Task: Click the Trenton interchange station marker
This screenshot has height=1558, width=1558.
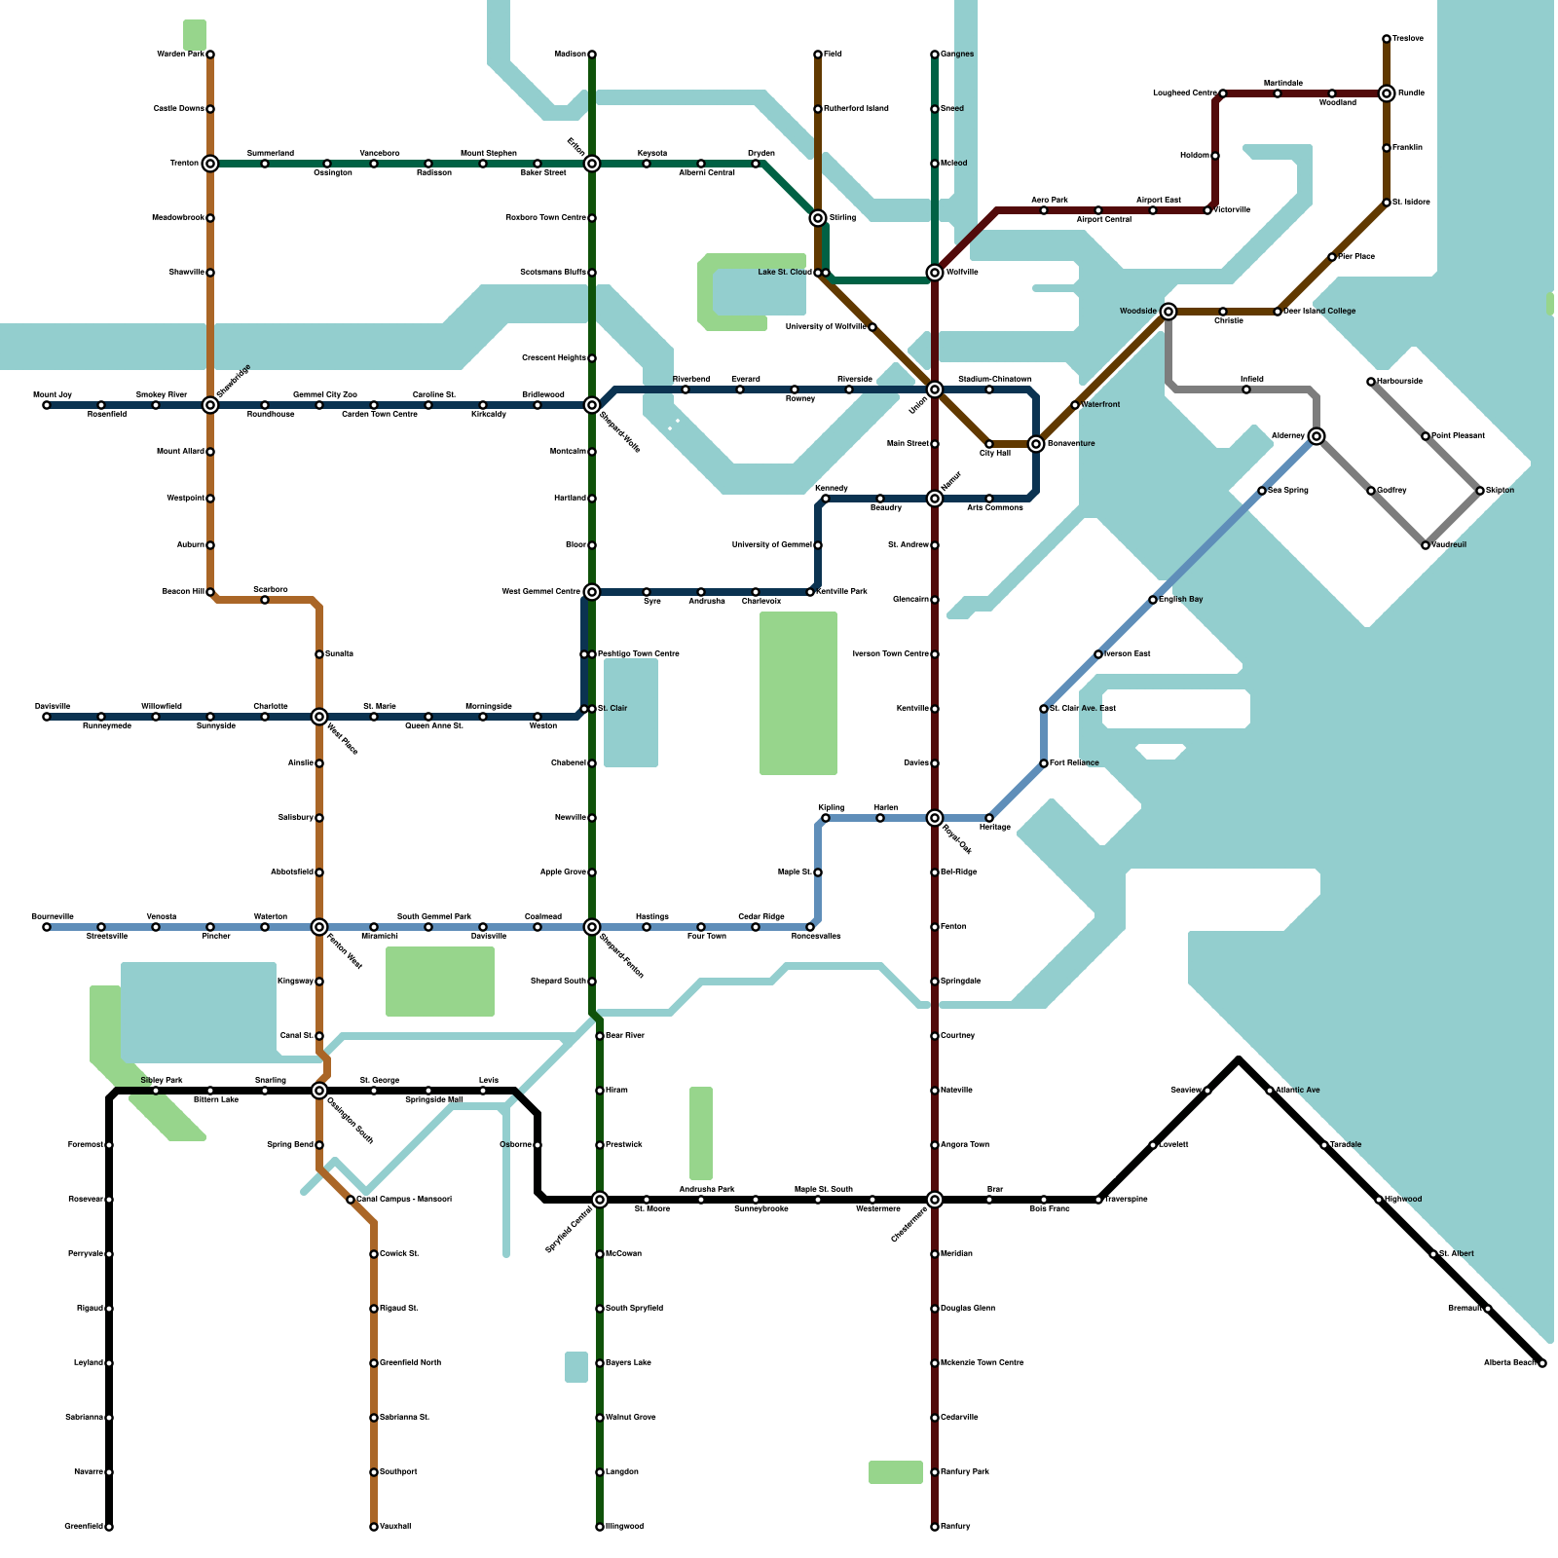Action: tap(210, 164)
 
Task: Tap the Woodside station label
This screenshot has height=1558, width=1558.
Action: tap(1137, 312)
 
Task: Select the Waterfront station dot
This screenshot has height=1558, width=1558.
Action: tap(1075, 405)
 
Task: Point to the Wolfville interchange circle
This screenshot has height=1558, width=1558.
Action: tap(935, 273)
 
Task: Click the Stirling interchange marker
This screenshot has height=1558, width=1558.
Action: tap(818, 218)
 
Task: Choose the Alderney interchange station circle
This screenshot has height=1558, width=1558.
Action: tap(1317, 436)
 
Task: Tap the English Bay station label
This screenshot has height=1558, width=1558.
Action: tap(1180, 600)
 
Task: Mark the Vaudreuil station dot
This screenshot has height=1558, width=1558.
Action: tap(1426, 545)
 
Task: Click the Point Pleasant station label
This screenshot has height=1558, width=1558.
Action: tap(1458, 436)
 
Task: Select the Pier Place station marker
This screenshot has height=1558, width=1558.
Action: tap(1332, 257)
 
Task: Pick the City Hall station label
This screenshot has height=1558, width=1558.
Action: tap(995, 454)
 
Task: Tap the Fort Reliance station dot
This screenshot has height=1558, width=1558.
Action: tap(1044, 763)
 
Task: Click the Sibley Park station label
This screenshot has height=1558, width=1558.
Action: tap(162, 1081)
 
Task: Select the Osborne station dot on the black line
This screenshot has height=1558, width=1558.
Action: tap(538, 1145)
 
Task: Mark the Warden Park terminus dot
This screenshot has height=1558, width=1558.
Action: tap(210, 55)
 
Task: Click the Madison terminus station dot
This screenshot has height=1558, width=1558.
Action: tap(592, 55)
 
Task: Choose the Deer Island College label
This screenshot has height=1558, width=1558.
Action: tap(1319, 312)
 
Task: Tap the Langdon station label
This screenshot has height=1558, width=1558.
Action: tap(621, 1472)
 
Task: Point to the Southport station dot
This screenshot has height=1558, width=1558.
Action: tap(374, 1472)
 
